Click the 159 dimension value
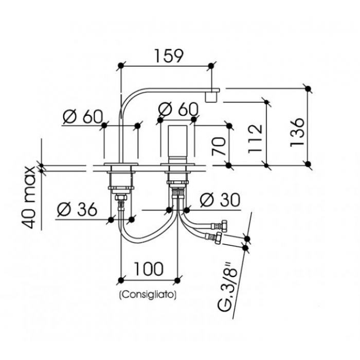169,56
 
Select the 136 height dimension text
298,133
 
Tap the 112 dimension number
255,138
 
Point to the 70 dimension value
219,146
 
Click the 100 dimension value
148,268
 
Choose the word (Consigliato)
148,295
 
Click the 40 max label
29,197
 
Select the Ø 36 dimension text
77,209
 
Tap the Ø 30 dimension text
220,200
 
